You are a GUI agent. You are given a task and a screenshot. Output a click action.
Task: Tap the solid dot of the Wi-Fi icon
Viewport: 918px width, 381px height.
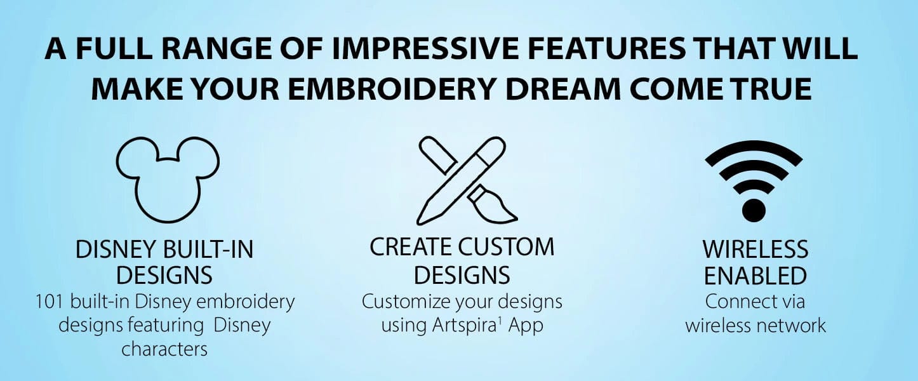click(x=754, y=209)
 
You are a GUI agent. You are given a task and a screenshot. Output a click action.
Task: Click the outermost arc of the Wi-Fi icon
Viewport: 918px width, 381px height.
click(x=754, y=149)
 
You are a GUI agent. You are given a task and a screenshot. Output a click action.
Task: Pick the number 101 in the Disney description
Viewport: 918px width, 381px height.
click(x=50, y=302)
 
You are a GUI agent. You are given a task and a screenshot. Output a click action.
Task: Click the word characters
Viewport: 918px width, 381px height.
click(x=164, y=349)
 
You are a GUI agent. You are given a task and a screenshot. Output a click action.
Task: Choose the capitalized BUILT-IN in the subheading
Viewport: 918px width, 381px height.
click(x=206, y=250)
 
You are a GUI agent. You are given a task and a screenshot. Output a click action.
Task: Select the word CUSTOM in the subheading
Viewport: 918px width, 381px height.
click(x=507, y=247)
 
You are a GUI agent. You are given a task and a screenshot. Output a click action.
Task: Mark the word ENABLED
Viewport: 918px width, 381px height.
click(x=755, y=276)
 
